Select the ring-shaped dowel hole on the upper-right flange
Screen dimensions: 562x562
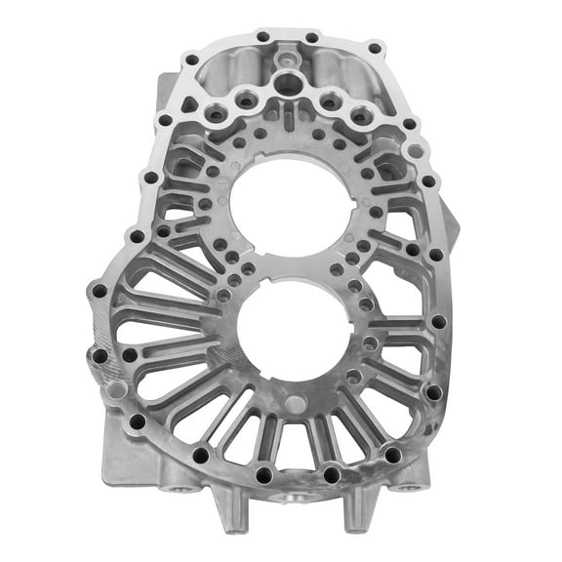pos(418,151)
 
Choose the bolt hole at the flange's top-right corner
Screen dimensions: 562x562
pos(376,48)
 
